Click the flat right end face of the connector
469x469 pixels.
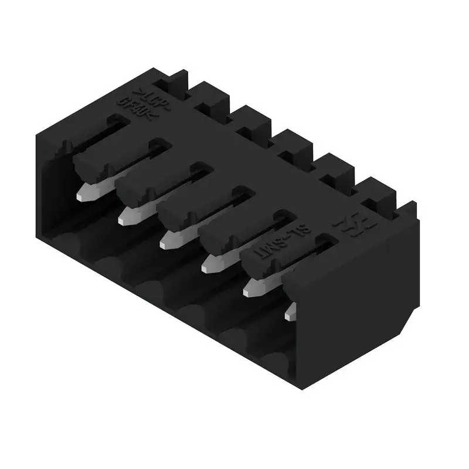(x=358, y=293)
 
